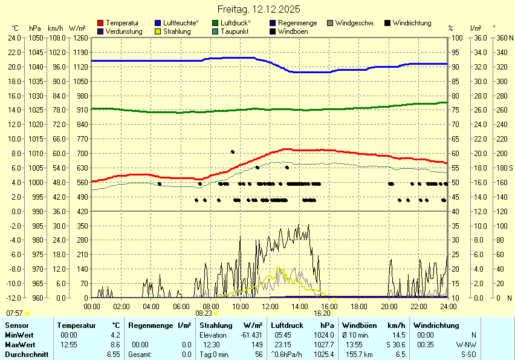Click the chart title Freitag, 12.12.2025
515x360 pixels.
(259, 10)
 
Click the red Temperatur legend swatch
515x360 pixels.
(100, 23)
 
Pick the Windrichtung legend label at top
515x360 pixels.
(412, 23)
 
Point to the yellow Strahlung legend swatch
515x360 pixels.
(158, 31)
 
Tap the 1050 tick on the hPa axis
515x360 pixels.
(36, 38)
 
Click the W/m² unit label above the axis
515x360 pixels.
(77, 28)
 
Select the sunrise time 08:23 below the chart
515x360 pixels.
(204, 313)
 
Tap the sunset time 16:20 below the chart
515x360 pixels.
(322, 313)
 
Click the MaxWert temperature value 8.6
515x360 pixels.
(115, 344)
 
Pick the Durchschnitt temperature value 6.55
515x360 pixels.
(113, 354)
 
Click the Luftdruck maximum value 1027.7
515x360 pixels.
(324, 344)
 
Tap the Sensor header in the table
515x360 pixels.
(16, 326)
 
